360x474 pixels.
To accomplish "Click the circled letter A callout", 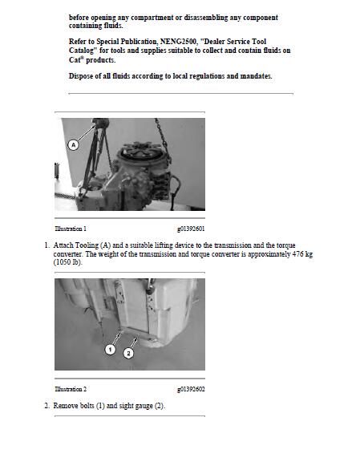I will click(x=74, y=144).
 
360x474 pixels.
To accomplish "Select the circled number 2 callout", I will click(x=128, y=353).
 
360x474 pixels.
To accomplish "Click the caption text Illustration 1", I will click(x=71, y=229).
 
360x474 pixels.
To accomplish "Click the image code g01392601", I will click(x=191, y=229).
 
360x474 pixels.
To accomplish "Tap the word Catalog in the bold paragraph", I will click(x=86, y=50).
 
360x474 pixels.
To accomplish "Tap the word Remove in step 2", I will click(x=67, y=406).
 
